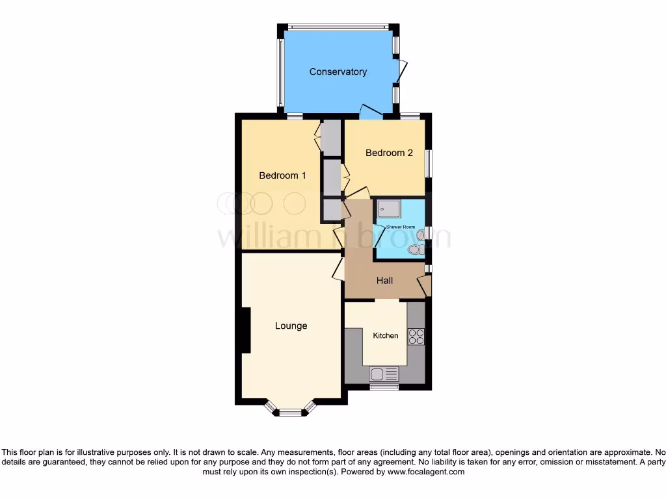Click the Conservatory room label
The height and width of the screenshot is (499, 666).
click(338, 71)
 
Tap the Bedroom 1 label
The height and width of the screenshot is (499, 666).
click(282, 175)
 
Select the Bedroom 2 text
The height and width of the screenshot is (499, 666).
click(389, 153)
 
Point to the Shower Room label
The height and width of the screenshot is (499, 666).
click(400, 227)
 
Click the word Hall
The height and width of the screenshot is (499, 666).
click(385, 281)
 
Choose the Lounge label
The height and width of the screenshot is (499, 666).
click(291, 326)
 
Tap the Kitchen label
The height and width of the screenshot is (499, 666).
click(385, 336)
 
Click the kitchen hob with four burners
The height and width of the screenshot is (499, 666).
click(416, 337)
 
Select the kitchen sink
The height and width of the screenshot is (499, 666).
click(384, 374)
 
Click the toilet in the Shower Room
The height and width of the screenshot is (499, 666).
click(419, 248)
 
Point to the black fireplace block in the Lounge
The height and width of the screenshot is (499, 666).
click(245, 330)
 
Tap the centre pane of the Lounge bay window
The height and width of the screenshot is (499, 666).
click(291, 412)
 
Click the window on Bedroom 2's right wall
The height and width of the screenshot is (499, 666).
click(428, 162)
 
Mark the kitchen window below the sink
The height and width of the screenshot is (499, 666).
click(384, 387)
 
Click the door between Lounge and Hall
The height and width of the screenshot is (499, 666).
click(338, 268)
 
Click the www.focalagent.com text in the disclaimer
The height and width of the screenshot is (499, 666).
click(426, 472)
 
